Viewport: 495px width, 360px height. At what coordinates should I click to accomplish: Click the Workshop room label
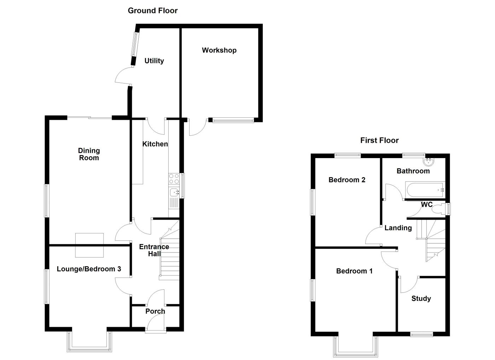[219, 50]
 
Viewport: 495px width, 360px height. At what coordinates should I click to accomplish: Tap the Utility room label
[154, 61]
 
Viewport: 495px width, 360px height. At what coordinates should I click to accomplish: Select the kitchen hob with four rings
[174, 179]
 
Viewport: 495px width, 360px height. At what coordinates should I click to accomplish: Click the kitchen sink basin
[174, 192]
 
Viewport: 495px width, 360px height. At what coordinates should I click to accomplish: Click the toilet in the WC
[439, 208]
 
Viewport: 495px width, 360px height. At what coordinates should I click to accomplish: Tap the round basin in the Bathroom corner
[429, 162]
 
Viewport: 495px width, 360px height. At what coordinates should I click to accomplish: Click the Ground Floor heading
[153, 11]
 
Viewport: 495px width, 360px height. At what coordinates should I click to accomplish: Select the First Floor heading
[379, 140]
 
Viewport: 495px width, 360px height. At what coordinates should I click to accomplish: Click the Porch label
[155, 311]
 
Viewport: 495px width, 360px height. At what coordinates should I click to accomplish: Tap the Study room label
[421, 298]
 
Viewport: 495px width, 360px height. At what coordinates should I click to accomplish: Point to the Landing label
[398, 228]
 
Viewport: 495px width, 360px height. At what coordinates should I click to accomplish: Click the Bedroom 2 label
[347, 180]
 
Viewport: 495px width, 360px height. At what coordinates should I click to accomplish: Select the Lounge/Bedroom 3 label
[89, 269]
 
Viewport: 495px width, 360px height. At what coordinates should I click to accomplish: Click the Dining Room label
[89, 154]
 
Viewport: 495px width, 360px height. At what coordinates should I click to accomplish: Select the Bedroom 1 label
[354, 271]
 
